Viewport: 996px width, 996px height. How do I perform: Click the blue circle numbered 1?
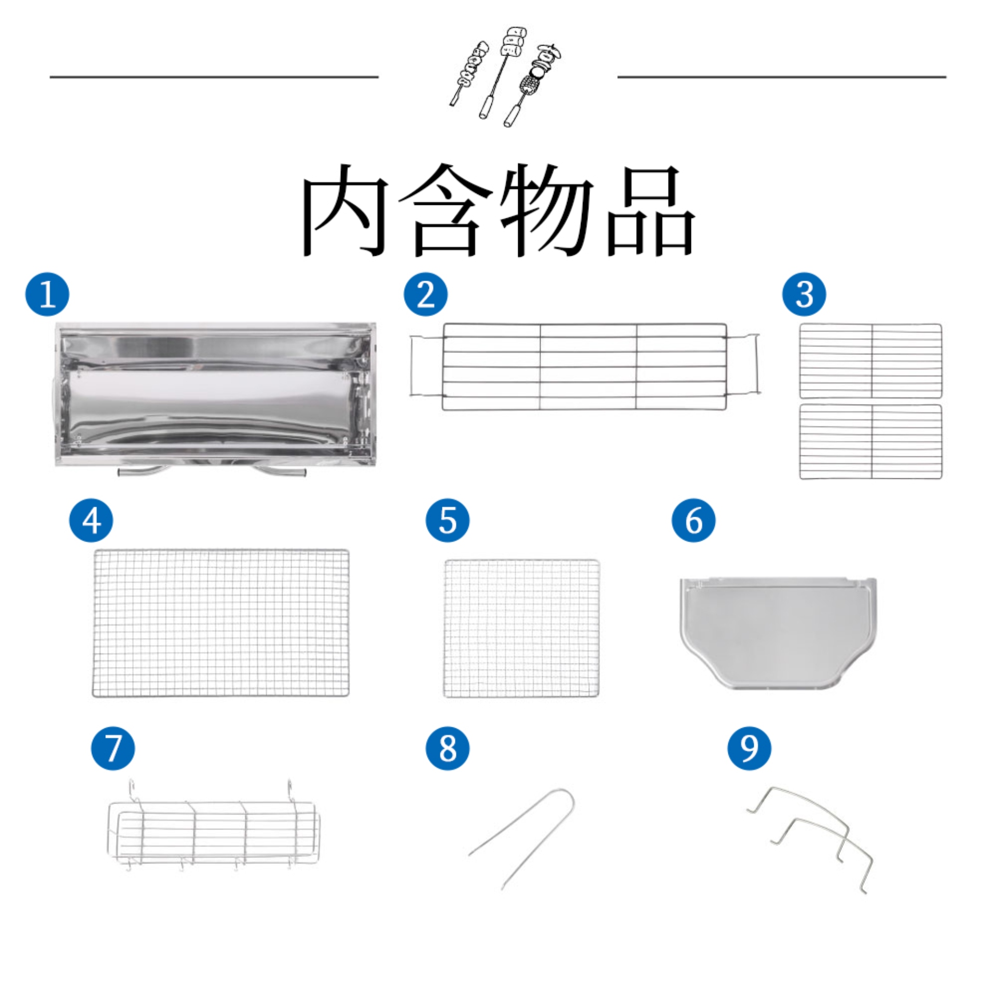tap(47, 294)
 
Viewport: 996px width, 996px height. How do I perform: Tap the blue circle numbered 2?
tap(425, 294)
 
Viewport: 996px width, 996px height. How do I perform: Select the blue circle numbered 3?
tap(804, 294)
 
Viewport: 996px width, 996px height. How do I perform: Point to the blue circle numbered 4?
tap(91, 520)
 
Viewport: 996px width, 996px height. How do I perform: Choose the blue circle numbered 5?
tap(448, 520)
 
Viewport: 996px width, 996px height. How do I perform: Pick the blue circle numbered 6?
tap(694, 520)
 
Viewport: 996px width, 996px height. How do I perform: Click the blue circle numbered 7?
tap(113, 748)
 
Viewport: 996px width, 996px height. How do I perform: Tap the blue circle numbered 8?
tap(448, 748)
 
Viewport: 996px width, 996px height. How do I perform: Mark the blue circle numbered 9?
tap(749, 748)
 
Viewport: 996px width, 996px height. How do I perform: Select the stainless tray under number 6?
tap(778, 633)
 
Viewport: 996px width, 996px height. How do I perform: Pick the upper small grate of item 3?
tap(871, 361)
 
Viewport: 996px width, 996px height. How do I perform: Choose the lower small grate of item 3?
tap(871, 441)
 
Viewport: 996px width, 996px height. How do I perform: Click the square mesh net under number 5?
tap(522, 628)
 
